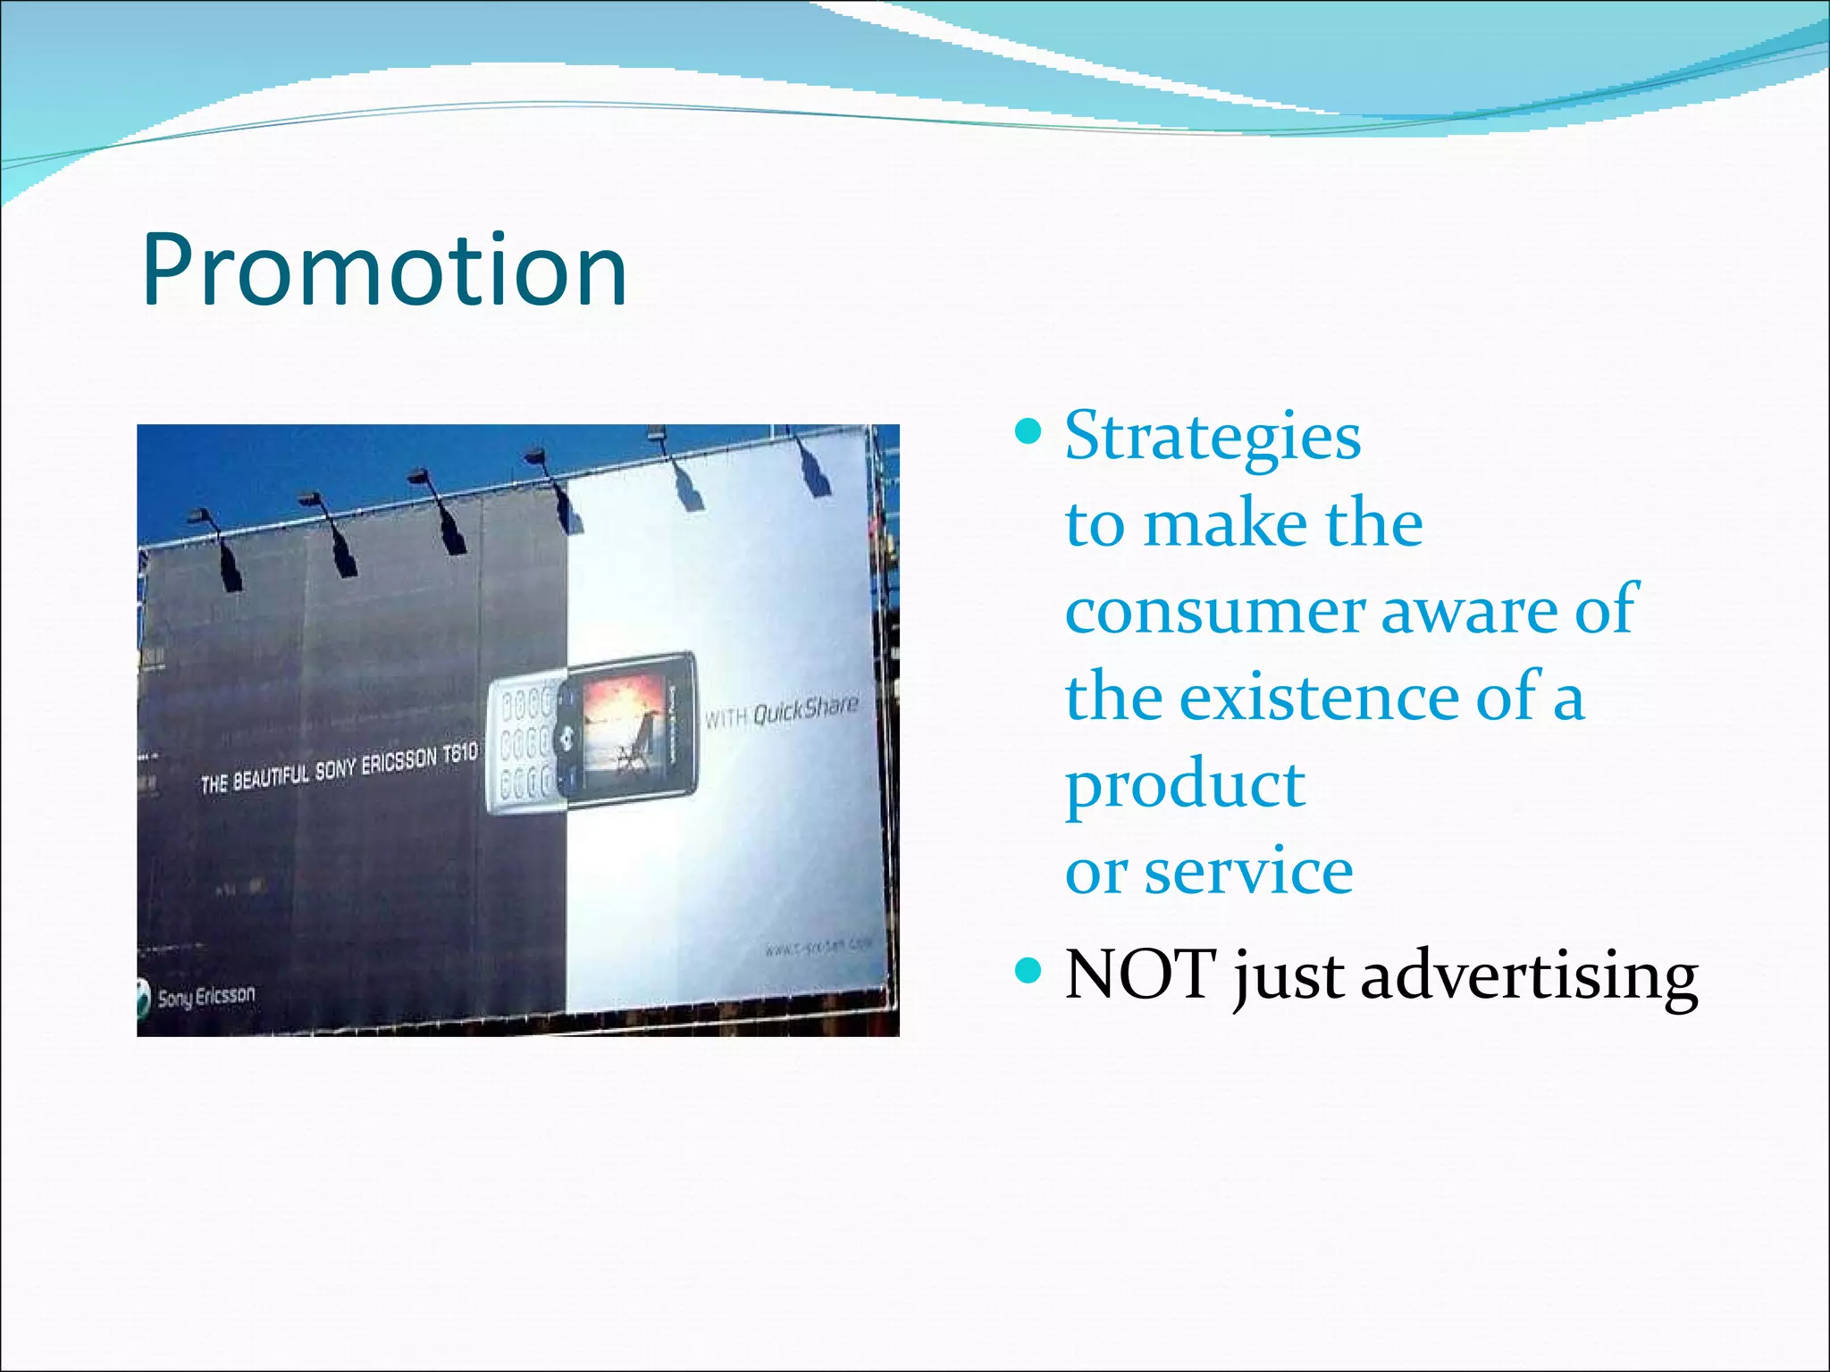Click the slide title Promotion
point(384,270)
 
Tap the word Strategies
point(1213,436)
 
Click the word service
point(1249,872)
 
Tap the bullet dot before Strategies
point(1029,433)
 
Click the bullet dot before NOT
point(1029,970)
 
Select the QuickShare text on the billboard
point(804,710)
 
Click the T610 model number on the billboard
point(459,754)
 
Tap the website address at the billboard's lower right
point(818,947)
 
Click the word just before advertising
point(1288,975)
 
